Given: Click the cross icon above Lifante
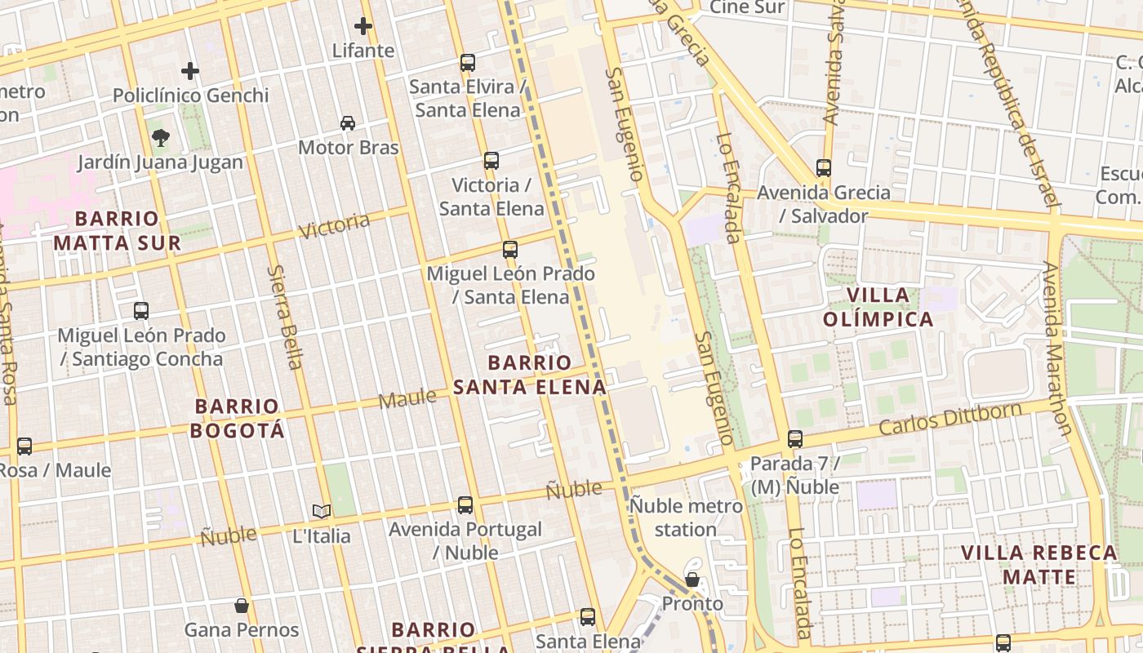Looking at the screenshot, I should [x=363, y=26].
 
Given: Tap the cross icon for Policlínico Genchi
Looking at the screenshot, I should [x=190, y=71].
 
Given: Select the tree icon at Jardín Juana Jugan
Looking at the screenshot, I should [x=161, y=138].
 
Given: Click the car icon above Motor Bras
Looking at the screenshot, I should [x=348, y=123].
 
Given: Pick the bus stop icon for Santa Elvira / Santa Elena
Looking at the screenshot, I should [x=468, y=62].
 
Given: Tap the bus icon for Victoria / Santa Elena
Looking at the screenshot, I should [x=491, y=161].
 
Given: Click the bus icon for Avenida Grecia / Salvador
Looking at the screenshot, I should [x=824, y=168].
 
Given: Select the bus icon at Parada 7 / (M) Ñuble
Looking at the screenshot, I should [x=795, y=439].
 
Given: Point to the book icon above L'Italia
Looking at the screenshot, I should [x=322, y=512].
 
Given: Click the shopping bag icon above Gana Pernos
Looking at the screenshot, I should [x=242, y=606].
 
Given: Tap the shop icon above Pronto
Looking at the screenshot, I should [x=692, y=580].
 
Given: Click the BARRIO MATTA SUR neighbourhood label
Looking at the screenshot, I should [x=117, y=231].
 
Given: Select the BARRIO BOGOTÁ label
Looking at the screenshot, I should [x=238, y=418].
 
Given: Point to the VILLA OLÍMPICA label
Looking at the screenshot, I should [x=878, y=307].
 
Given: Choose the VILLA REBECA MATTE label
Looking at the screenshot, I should [x=1039, y=565].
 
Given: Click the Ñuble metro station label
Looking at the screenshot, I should [x=686, y=518].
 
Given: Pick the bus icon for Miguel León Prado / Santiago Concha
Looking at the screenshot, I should [x=141, y=311].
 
